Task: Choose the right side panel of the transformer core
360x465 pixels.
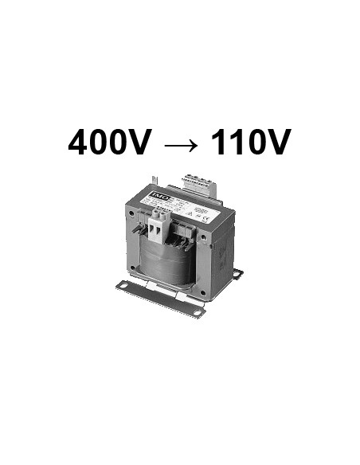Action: point(222,247)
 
